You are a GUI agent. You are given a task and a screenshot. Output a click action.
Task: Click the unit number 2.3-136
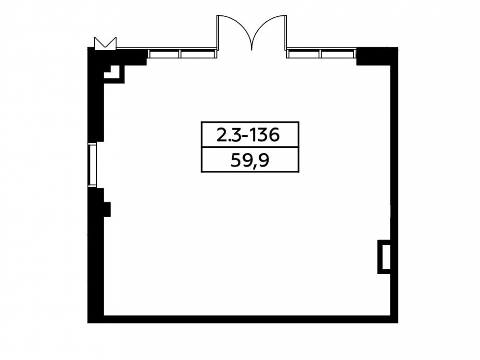coord(248,135)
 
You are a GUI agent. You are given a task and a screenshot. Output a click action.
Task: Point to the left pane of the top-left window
coord(164,54)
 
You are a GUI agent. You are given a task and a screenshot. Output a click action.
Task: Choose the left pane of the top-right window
coord(303,54)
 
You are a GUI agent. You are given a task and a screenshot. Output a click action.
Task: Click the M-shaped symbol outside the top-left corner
coord(105,43)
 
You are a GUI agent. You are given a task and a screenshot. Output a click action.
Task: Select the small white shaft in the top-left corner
coord(114,72)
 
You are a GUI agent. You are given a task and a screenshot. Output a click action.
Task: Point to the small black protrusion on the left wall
coord(107,209)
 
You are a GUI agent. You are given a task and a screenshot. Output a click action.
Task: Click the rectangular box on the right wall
coord(384,257)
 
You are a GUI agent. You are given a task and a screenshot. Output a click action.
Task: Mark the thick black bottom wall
coord(242,319)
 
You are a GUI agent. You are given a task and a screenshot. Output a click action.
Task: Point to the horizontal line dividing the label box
coord(250,147)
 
